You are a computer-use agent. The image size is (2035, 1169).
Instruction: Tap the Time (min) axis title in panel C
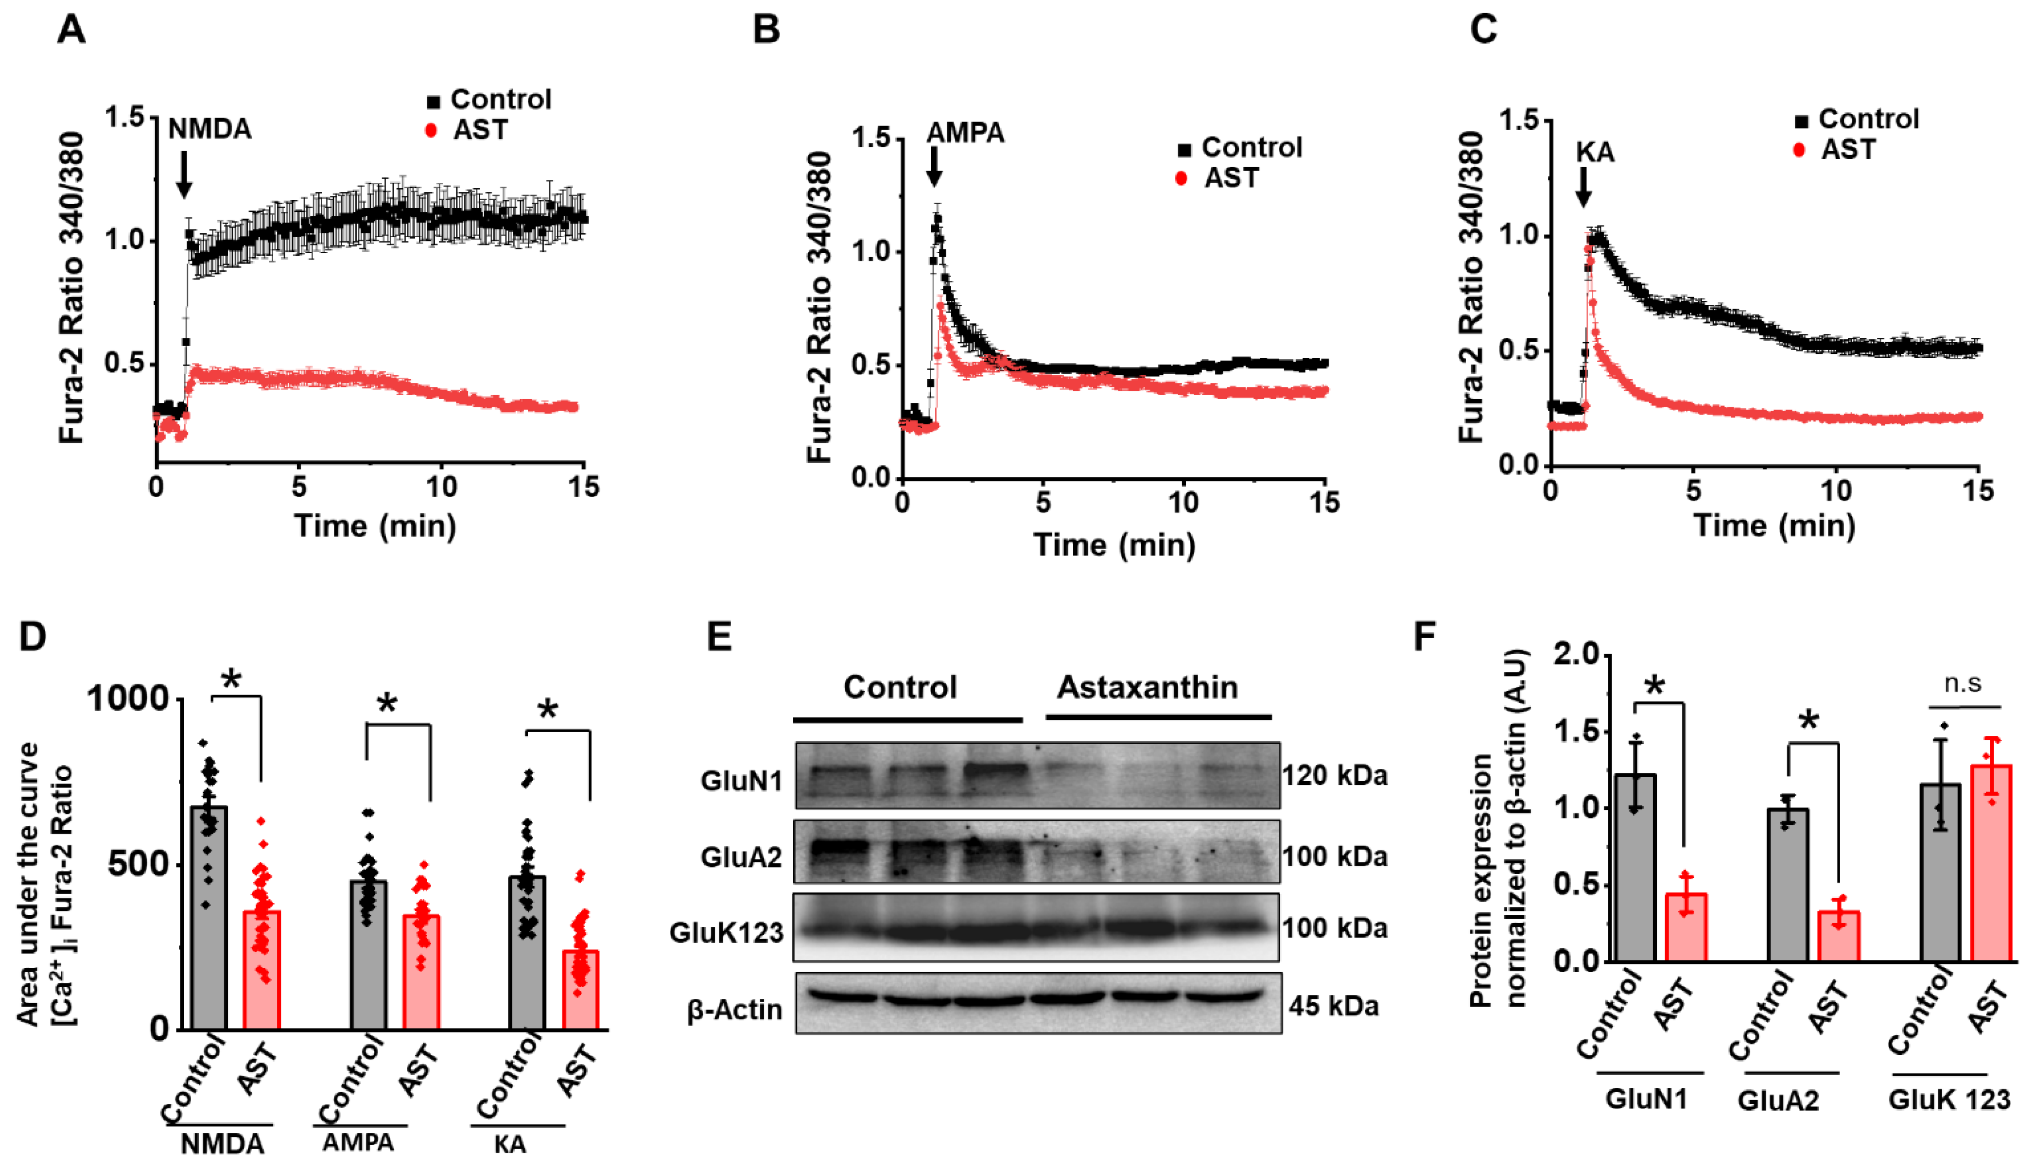tap(1774, 526)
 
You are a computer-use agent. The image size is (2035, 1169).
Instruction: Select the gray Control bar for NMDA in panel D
tap(209, 915)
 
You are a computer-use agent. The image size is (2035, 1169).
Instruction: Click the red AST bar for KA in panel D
tap(580, 989)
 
